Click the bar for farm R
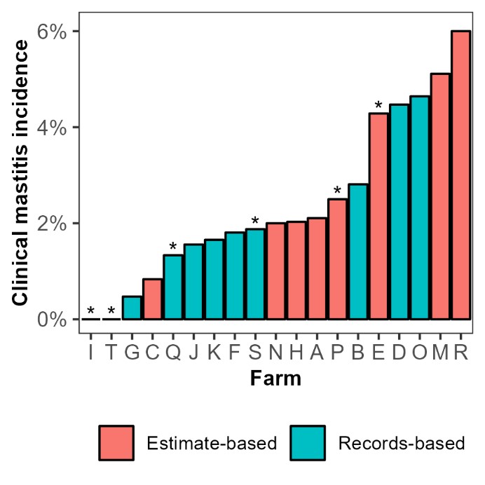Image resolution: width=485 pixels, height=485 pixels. [x=460, y=175]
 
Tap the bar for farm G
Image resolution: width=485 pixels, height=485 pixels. [x=132, y=308]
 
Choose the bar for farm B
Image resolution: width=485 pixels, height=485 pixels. [x=358, y=252]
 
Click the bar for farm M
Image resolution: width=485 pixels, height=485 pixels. [x=440, y=196]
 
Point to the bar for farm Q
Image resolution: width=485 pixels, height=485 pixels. [x=173, y=287]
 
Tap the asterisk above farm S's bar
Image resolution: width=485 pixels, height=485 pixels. [x=255, y=221]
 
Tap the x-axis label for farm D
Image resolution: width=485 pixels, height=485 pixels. [x=399, y=352]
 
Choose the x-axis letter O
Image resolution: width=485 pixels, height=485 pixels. [x=419, y=352]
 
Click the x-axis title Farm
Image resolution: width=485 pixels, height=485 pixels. [x=275, y=379]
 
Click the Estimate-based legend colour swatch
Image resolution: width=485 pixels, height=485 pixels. [x=116, y=443]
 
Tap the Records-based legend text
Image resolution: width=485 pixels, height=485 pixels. [x=401, y=443]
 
